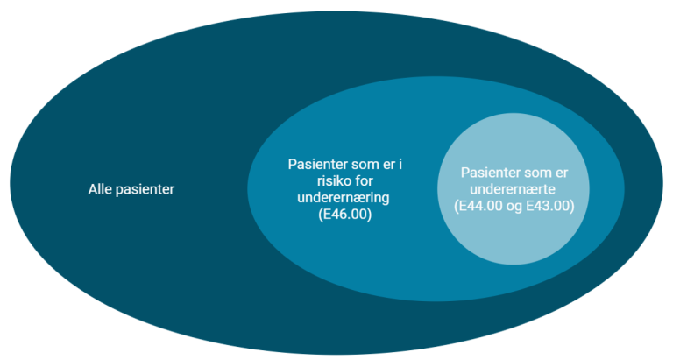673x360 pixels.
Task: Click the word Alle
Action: [100, 188]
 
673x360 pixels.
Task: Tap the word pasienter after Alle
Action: [144, 188]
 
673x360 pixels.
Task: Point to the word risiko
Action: [308, 181]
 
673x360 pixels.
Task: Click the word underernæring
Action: [338, 198]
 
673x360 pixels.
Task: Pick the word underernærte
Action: [512, 189]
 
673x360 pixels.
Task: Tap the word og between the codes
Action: [515, 207]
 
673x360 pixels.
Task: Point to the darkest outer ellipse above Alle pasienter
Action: [131, 105]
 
